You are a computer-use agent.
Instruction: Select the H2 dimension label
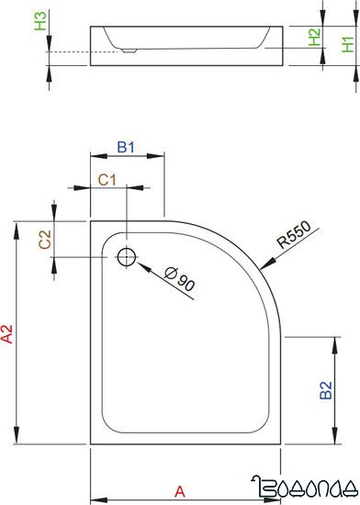314,38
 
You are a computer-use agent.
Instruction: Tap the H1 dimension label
345,43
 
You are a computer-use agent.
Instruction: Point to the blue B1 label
127,146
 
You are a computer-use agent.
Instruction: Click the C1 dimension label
107,180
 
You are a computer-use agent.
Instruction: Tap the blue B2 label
325,390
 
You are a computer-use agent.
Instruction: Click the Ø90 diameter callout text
179,277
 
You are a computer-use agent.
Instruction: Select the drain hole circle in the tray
127,254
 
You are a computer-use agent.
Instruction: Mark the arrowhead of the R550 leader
264,267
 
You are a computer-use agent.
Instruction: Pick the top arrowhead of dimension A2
17,225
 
